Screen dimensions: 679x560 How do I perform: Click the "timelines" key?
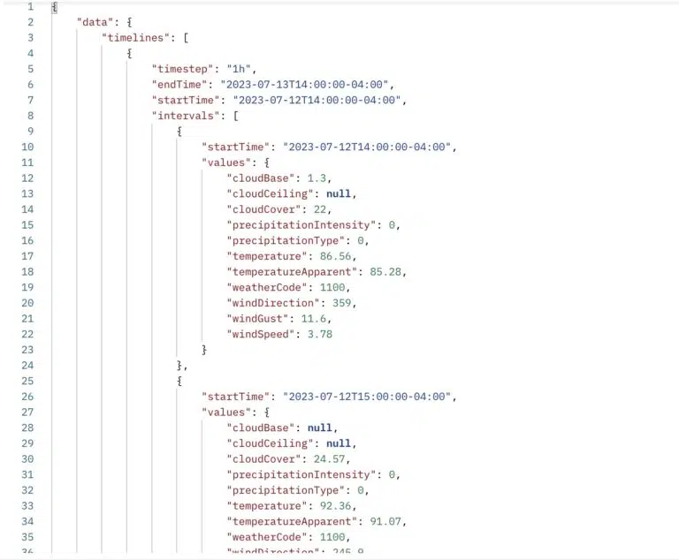(x=135, y=38)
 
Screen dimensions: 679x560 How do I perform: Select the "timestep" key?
(x=182, y=69)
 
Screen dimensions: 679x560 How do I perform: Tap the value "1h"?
(x=239, y=69)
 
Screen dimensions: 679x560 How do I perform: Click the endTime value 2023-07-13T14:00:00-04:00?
(x=304, y=85)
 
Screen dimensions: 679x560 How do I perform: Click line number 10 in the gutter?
(x=27, y=147)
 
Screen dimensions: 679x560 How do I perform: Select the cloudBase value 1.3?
(x=317, y=178)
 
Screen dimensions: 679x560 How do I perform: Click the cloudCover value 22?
(x=319, y=209)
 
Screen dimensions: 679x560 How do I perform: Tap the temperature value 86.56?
(x=336, y=256)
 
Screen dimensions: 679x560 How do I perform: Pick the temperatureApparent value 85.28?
(x=385, y=271)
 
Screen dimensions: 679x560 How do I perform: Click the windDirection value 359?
(x=341, y=302)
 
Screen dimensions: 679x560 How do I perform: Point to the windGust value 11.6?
(x=314, y=319)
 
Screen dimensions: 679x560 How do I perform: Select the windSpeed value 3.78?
(x=319, y=334)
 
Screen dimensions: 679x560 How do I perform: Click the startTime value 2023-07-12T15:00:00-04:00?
(x=367, y=397)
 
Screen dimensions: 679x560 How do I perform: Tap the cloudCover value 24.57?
(x=329, y=458)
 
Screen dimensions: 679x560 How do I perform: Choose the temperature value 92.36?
(x=336, y=505)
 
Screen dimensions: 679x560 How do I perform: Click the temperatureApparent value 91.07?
(x=385, y=521)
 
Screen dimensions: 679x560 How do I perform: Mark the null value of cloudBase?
(x=319, y=428)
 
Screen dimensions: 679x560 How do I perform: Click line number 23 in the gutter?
(x=27, y=350)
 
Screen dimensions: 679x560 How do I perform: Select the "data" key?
(x=95, y=22)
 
